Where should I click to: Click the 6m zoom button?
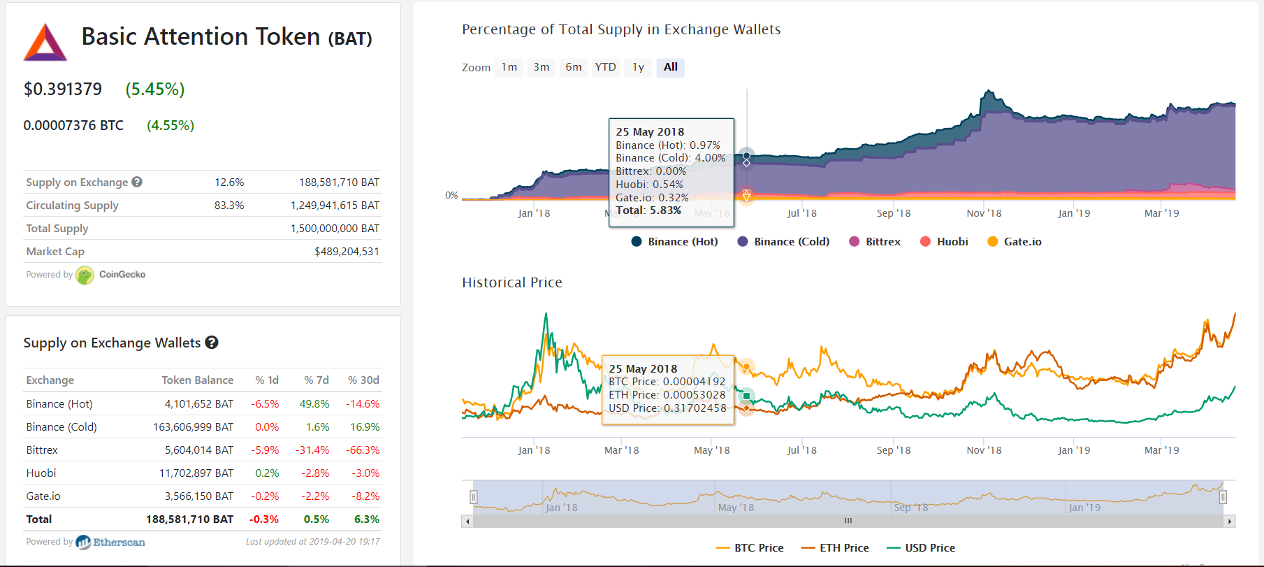click(x=574, y=67)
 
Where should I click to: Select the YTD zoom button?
click(x=605, y=67)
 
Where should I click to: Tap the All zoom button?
click(x=671, y=67)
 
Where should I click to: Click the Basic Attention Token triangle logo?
click(x=45, y=43)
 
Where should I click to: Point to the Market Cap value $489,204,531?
click(x=347, y=252)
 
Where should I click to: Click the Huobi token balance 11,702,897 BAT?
click(x=196, y=473)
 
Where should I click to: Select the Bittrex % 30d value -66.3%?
click(x=363, y=450)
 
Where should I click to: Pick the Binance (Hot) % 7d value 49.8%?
click(x=314, y=404)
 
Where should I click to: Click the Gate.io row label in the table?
click(x=43, y=496)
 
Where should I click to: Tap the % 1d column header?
click(x=267, y=380)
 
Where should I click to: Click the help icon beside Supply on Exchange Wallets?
click(x=212, y=343)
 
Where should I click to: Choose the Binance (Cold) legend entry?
click(x=783, y=242)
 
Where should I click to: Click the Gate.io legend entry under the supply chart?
click(x=1015, y=242)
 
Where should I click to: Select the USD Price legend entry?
click(x=921, y=548)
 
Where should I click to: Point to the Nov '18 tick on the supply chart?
click(x=984, y=213)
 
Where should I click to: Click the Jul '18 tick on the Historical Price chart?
click(x=801, y=450)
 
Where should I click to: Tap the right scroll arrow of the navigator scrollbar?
click(x=1229, y=521)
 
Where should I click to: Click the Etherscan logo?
click(x=110, y=542)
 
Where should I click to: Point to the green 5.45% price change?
click(x=155, y=89)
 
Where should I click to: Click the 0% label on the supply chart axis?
click(x=451, y=195)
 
